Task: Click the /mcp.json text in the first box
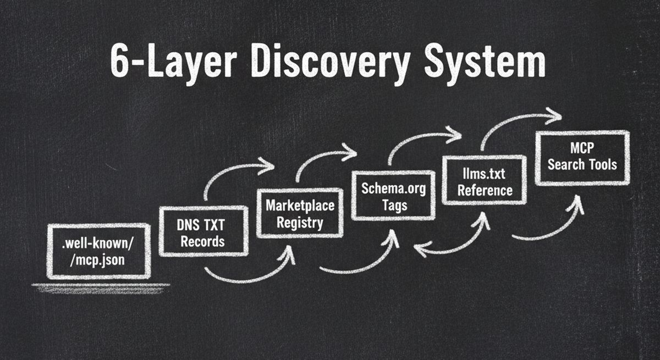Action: (98, 260)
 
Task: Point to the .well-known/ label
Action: (98, 243)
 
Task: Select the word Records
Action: (202, 241)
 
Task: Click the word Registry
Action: (300, 222)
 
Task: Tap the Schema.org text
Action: (394, 189)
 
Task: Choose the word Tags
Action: (394, 205)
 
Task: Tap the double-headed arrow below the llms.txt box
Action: (451, 242)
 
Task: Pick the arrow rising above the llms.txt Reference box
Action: (517, 124)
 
